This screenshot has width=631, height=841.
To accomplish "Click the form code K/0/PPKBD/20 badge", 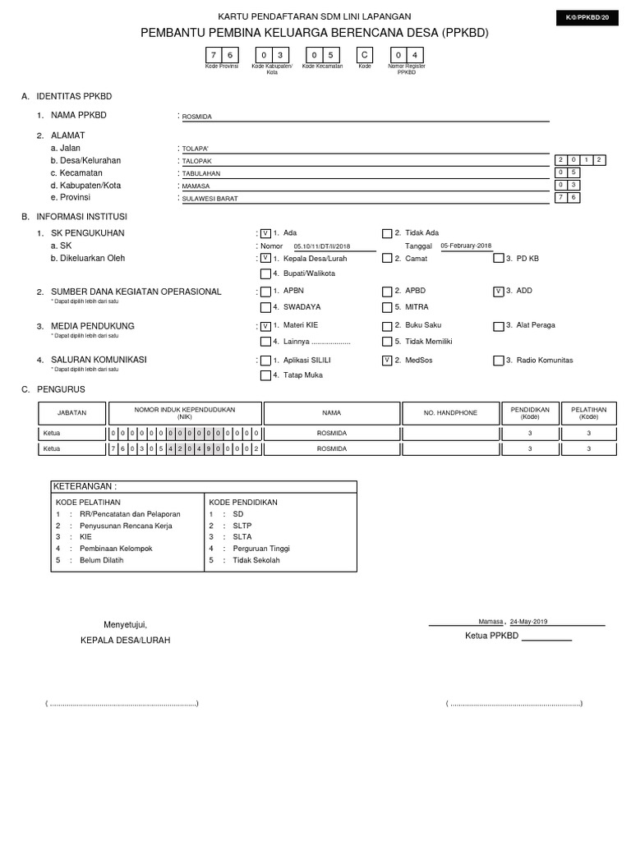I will (x=587, y=16).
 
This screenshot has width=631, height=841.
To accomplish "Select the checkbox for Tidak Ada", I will (x=387, y=234).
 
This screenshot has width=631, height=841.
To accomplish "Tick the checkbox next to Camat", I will (x=387, y=259).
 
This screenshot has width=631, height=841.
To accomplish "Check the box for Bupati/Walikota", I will (x=265, y=274).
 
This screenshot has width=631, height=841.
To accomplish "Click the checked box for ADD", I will (x=499, y=292).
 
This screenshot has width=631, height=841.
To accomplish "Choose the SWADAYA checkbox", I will (x=265, y=308).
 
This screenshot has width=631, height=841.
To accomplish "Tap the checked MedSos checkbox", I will (x=387, y=361).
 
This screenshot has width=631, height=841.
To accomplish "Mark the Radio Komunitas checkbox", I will (x=499, y=361).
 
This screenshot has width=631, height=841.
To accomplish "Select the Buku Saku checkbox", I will (x=387, y=326).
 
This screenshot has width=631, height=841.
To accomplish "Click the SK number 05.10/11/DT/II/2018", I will (x=322, y=246).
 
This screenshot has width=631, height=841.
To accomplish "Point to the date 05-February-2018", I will (x=466, y=246).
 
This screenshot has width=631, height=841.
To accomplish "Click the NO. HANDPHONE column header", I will (x=450, y=413).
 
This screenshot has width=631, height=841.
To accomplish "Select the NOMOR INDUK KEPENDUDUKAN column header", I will (x=185, y=413).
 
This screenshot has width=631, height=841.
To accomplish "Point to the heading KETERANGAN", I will (x=81, y=486).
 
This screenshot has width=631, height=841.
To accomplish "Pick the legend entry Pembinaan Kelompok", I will (x=116, y=549).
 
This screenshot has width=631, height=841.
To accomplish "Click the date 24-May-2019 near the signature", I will (x=528, y=622).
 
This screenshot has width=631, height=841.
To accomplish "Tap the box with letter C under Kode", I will (x=365, y=55).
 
